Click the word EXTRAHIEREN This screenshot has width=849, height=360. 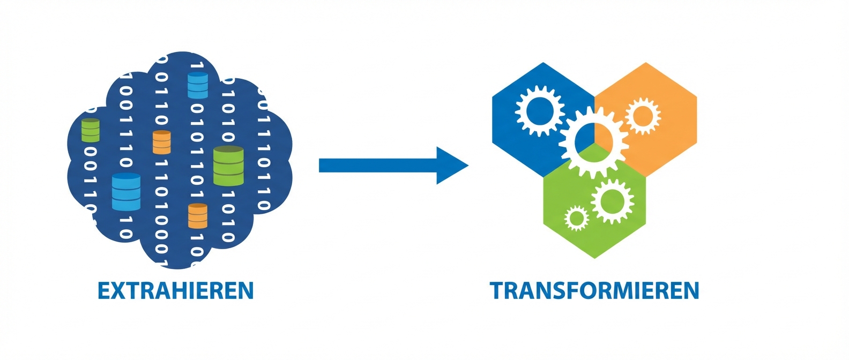[x=175, y=290]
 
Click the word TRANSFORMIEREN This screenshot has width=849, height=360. [x=594, y=290]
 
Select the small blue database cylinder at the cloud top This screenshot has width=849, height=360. [x=198, y=86]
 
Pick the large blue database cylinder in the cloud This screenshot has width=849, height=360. [x=126, y=192]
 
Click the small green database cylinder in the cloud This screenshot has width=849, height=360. [x=91, y=130]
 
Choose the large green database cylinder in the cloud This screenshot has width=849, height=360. [x=228, y=166]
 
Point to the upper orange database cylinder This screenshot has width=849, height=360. [x=161, y=142]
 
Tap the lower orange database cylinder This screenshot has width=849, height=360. [x=198, y=216]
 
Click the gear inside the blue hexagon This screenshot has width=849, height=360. [x=539, y=111]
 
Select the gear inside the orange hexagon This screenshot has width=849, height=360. [x=642, y=116]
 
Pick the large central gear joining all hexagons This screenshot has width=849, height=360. [x=593, y=141]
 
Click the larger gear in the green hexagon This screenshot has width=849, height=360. [x=612, y=201]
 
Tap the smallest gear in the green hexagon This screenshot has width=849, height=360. [x=576, y=218]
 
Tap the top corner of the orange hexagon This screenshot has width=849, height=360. [x=646, y=63]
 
